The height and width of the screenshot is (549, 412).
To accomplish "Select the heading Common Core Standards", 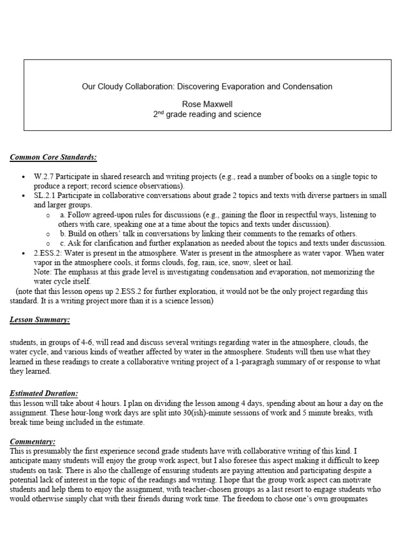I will (54, 157).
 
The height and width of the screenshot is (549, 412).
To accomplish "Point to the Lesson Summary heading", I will (40, 320).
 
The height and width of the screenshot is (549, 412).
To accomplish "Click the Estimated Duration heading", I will (44, 393).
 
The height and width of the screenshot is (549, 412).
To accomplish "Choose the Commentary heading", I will (33, 441).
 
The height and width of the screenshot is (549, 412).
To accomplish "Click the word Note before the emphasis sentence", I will (42, 272).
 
